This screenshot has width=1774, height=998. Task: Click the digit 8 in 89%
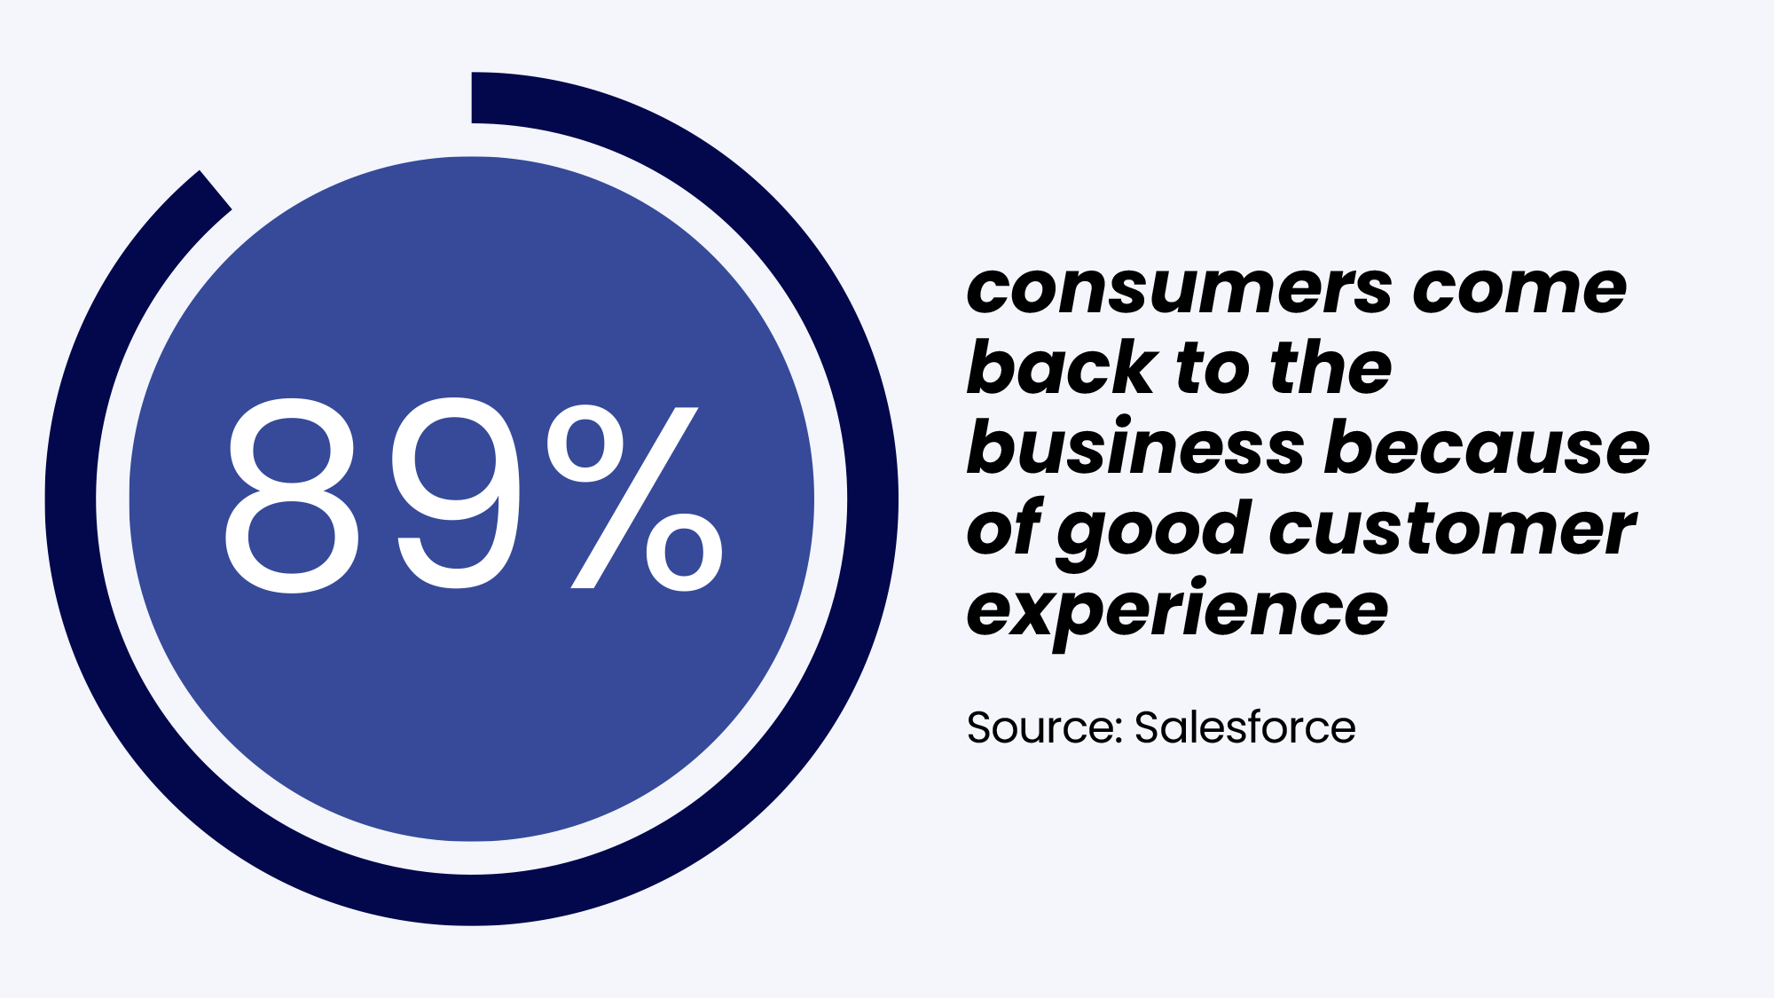tap(292, 495)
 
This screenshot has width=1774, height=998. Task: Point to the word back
tap(1061, 367)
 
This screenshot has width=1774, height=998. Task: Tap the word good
tap(1153, 530)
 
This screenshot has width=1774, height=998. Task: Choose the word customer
tap(1452, 529)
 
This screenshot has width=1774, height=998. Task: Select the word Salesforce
tap(1244, 727)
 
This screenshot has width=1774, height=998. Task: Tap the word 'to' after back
tap(1213, 369)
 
